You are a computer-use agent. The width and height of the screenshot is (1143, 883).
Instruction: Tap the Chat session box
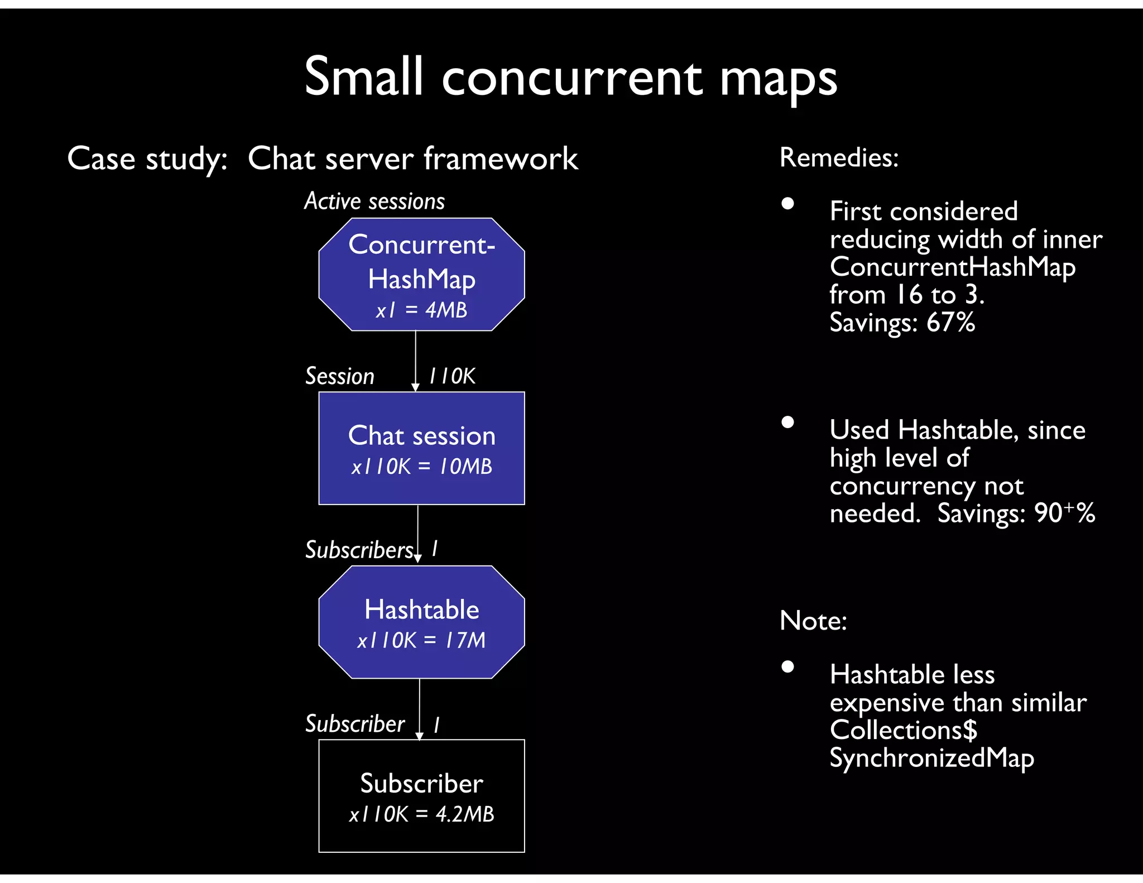coord(421,448)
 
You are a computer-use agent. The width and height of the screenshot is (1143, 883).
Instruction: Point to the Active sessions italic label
coord(374,201)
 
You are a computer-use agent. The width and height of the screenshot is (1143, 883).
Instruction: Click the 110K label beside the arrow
coord(452,376)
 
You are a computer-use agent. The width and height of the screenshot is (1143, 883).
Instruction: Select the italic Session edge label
coord(339,376)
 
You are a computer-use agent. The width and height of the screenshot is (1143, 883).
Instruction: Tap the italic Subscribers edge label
coord(359,550)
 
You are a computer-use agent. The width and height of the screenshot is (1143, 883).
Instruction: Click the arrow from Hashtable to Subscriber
coord(420,709)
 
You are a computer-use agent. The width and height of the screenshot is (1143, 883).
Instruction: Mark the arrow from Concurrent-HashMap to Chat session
coord(415,360)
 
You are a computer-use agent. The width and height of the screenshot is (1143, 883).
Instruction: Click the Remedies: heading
coord(839,157)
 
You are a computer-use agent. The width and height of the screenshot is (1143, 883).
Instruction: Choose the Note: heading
coord(813,620)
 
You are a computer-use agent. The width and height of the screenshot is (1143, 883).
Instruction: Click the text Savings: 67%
coord(902,323)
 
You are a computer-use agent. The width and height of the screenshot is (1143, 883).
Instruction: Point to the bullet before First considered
coord(787,203)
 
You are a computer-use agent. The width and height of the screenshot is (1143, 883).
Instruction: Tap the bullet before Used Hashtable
coord(787,422)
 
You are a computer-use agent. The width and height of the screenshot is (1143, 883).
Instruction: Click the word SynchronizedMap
coord(931,758)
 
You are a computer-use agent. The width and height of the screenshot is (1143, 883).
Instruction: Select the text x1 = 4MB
coord(421,310)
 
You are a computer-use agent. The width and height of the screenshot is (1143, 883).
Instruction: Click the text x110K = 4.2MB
coord(421,814)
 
